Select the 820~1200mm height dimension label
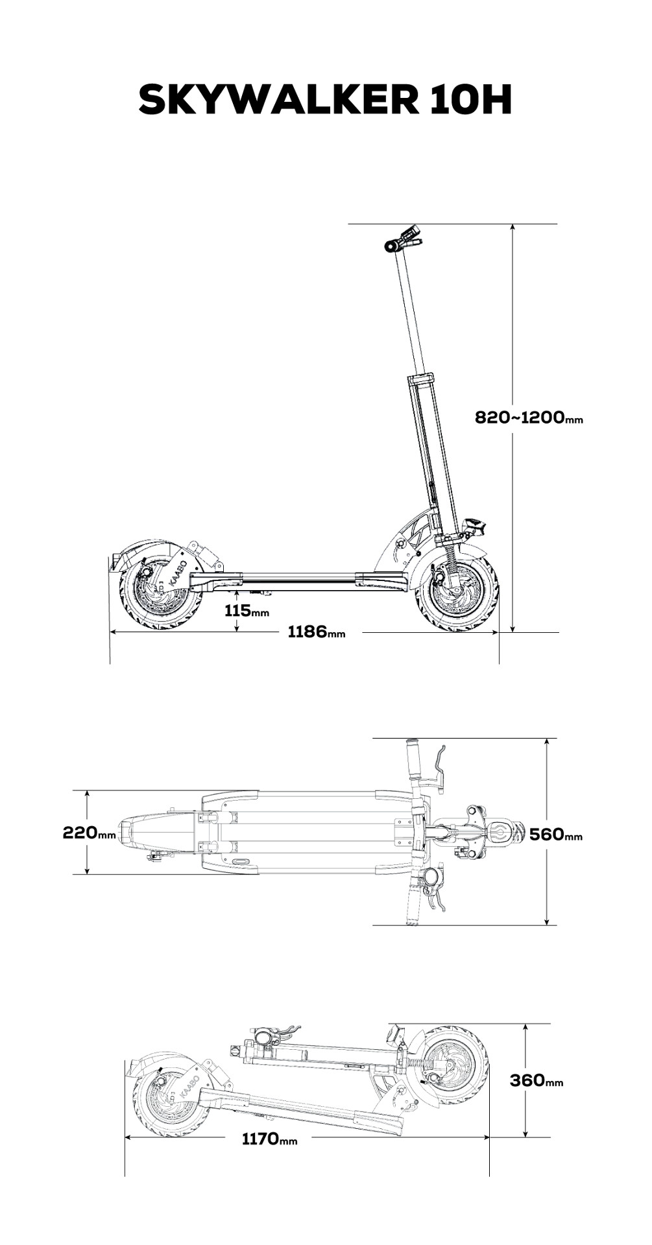[x=529, y=417]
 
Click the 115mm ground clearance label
[x=247, y=610]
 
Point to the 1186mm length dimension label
[x=317, y=632]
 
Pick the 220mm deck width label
[x=89, y=832]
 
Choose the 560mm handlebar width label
[x=556, y=834]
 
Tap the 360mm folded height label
[x=537, y=1080]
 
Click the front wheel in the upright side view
[x=457, y=592]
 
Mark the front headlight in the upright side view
[x=474, y=525]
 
